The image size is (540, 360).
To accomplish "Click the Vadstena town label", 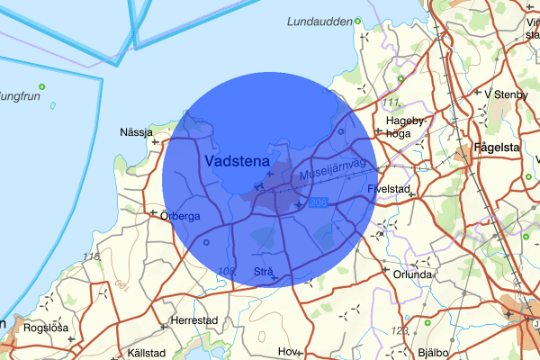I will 237,160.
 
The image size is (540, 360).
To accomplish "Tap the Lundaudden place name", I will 319,22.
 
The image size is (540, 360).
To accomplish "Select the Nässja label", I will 137,132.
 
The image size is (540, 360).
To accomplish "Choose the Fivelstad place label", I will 389,189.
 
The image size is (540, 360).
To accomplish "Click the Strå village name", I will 263,271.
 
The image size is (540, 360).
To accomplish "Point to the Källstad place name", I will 148,353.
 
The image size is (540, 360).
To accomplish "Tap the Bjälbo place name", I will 435,353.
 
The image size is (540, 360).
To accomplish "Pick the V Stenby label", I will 505,94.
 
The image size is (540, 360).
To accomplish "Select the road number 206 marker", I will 317,204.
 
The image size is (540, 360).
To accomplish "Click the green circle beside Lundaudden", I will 357,21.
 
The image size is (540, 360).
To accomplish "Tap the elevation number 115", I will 91,257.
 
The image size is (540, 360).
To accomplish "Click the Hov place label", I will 288,352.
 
